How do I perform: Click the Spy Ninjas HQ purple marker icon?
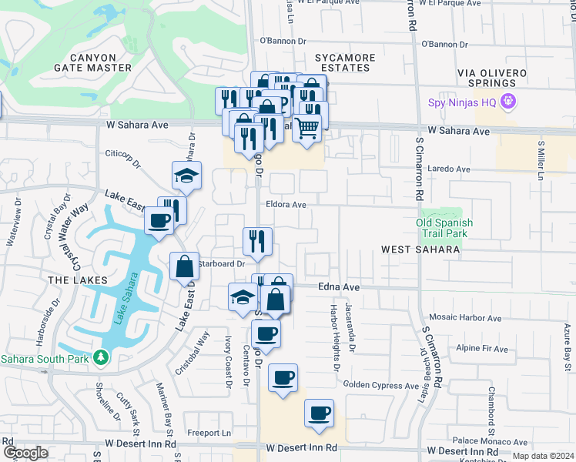tap(507, 102)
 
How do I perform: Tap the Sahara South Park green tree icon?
tap(101, 358)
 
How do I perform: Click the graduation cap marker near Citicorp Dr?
tap(186, 176)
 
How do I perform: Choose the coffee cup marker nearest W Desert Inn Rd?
tap(319, 413)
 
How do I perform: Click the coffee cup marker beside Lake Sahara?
tap(159, 221)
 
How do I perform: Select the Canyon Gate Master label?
tap(93, 62)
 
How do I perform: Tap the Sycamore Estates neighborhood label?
tap(345, 62)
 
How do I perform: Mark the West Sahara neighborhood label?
tap(420, 249)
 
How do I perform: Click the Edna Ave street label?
tap(339, 286)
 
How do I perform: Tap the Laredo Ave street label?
tap(447, 167)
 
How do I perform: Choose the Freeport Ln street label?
tap(216, 433)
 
